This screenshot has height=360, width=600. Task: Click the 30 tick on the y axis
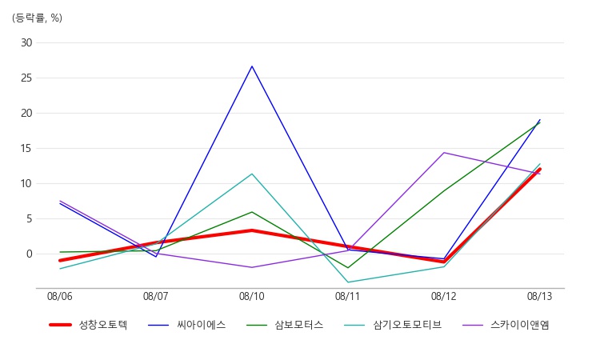pos(26,43)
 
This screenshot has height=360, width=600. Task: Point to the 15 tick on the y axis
pos(26,149)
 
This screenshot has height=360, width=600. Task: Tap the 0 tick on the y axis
pos(29,254)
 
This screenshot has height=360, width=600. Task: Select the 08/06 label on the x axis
pos(60,297)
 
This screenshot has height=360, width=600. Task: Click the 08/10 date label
pos(252,297)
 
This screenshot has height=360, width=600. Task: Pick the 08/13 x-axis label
pos(539,297)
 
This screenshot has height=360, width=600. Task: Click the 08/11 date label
pos(348,297)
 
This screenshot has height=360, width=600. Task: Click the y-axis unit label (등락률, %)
pos(37,18)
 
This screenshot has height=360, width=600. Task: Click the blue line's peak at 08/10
pos(252,66)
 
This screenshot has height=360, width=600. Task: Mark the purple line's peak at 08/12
pos(444,153)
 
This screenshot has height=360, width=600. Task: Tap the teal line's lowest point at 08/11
pos(348,282)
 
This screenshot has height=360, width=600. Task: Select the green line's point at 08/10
pos(252,212)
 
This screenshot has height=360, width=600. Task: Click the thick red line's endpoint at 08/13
pos(539,169)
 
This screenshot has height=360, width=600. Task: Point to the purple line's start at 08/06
pos(60,201)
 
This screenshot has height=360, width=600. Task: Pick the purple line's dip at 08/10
pos(252,267)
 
